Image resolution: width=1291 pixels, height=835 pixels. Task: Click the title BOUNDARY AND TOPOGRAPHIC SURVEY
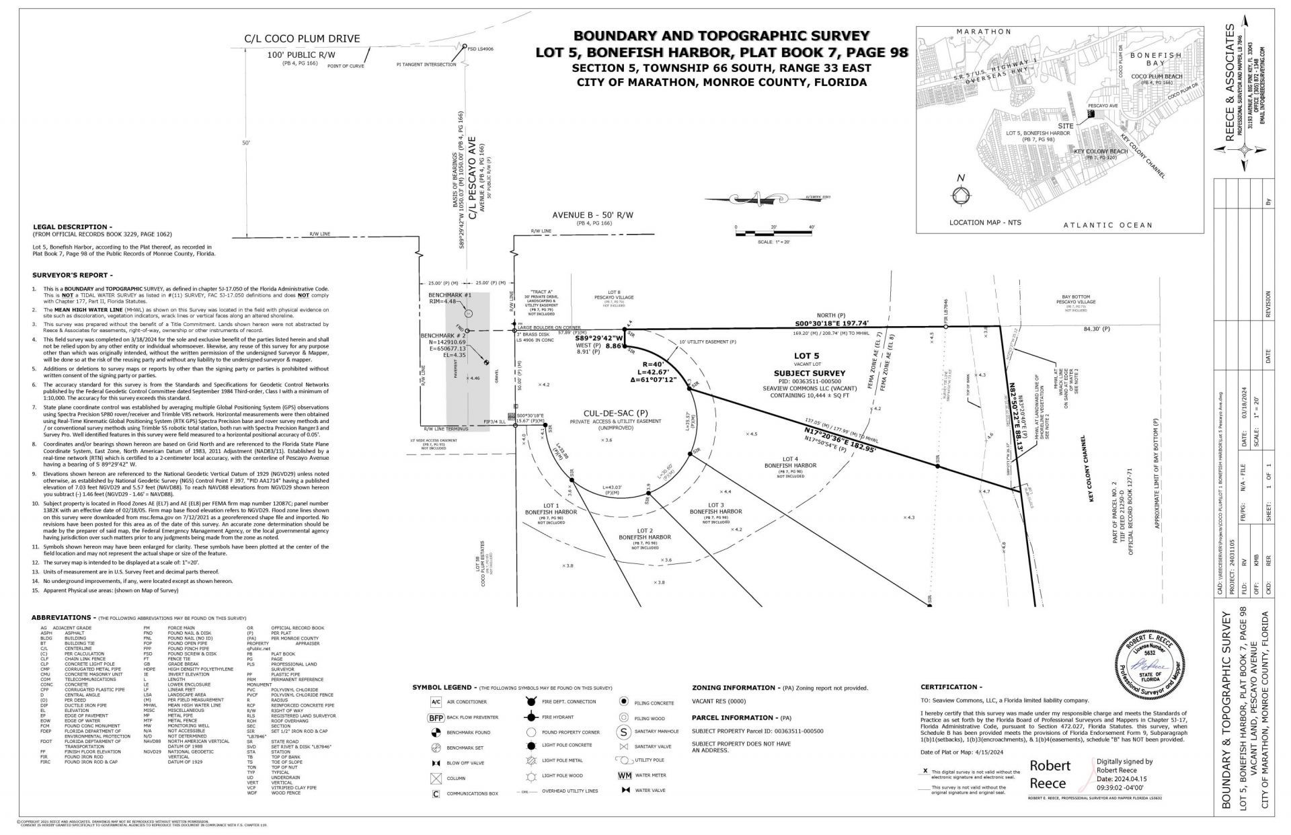[x=721, y=36]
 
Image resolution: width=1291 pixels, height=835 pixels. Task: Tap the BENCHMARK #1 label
[x=450, y=295]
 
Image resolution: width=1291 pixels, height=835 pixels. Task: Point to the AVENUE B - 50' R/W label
[x=592, y=215]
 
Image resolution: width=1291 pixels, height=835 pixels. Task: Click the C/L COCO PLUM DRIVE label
[x=301, y=39]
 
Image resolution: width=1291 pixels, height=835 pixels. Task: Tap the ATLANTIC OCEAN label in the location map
[x=1107, y=225]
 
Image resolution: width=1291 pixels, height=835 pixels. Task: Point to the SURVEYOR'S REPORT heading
[x=73, y=275]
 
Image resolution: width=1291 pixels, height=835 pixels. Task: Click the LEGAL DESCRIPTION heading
[x=73, y=227]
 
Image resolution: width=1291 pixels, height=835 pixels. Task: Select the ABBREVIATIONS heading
[x=61, y=617]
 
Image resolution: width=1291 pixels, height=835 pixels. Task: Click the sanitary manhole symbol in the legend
[x=623, y=731]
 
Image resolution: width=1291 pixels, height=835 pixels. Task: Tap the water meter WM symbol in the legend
[x=623, y=775]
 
